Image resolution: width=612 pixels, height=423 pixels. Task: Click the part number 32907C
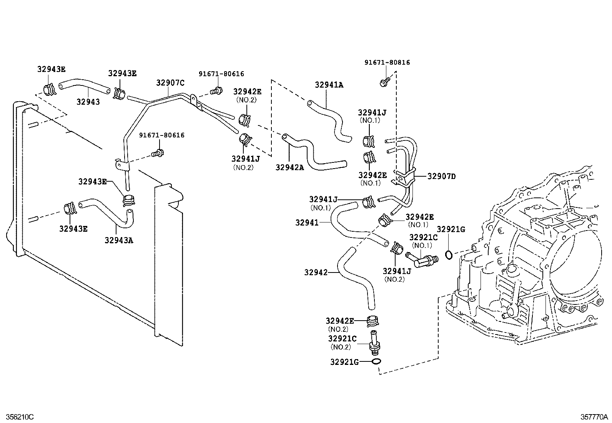(170, 83)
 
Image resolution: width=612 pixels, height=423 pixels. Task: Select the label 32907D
(441, 176)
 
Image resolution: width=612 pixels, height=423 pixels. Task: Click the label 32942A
(289, 167)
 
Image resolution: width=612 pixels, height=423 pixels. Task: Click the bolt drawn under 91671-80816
(384, 82)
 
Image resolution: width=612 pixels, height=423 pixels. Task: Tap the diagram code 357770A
(594, 417)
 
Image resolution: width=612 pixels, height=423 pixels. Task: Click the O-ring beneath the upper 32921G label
(448, 254)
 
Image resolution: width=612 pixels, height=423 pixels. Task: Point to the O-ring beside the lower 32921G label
(377, 361)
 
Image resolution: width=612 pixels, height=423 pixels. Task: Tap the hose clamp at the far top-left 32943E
(50, 89)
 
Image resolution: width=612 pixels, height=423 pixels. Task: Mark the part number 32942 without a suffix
(315, 273)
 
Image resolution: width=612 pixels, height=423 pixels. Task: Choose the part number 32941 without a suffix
(307, 222)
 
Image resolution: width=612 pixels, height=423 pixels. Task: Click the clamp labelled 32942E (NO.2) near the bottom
(373, 320)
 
